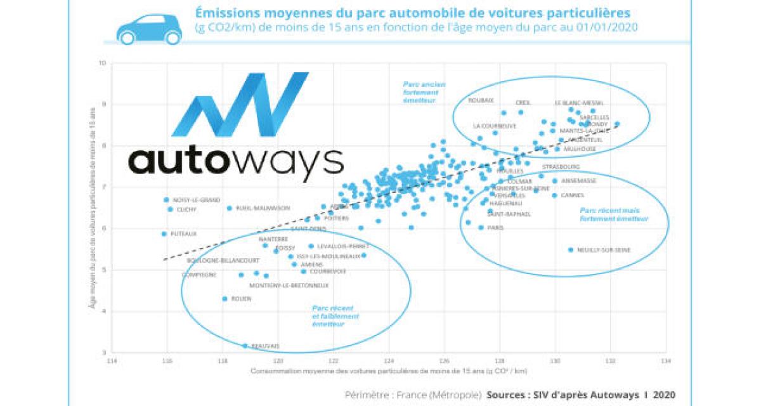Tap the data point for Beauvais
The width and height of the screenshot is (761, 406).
(245, 346)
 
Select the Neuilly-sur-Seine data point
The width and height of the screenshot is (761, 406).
(571, 250)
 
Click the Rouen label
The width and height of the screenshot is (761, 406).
(242, 299)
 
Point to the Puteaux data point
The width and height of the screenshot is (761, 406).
(164, 233)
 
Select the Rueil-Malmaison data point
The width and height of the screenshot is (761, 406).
(230, 208)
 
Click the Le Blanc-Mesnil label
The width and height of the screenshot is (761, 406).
(578, 102)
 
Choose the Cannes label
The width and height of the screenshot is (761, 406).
(572, 195)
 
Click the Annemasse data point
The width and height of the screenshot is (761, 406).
(556, 181)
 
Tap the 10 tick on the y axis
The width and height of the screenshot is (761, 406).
(102, 63)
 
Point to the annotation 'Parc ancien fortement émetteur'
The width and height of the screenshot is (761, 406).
(424, 92)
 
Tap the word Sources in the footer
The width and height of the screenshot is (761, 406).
(507, 394)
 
